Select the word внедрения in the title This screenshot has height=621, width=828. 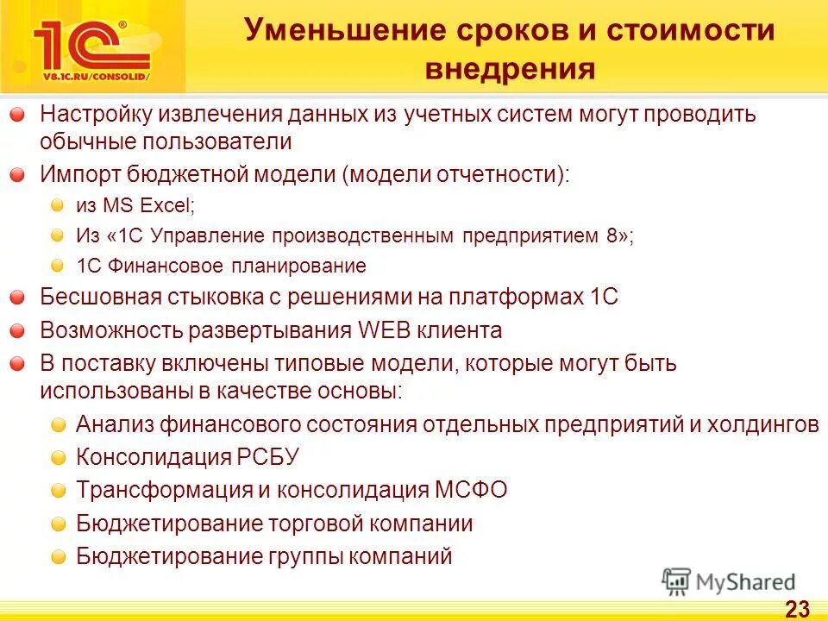point(509,69)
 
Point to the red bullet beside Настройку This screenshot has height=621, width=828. point(18,116)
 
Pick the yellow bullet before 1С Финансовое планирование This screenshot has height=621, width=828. point(57,266)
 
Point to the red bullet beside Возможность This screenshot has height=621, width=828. point(18,331)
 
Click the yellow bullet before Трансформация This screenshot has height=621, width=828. point(57,492)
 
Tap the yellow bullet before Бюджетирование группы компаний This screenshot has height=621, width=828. point(57,557)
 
